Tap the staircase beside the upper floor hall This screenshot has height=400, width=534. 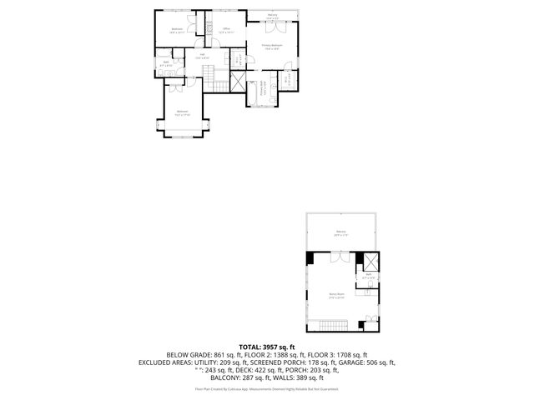click(217, 79)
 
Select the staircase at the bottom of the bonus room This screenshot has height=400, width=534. click(333, 323)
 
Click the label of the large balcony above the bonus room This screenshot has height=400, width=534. click(340, 232)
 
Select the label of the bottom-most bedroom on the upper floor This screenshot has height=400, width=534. click(182, 113)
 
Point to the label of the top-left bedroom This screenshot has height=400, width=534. click(178, 31)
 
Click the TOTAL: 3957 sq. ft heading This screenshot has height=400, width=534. click(267, 346)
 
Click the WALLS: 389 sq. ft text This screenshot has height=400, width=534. click(308, 377)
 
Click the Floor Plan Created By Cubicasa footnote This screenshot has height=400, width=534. click(267, 388)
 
